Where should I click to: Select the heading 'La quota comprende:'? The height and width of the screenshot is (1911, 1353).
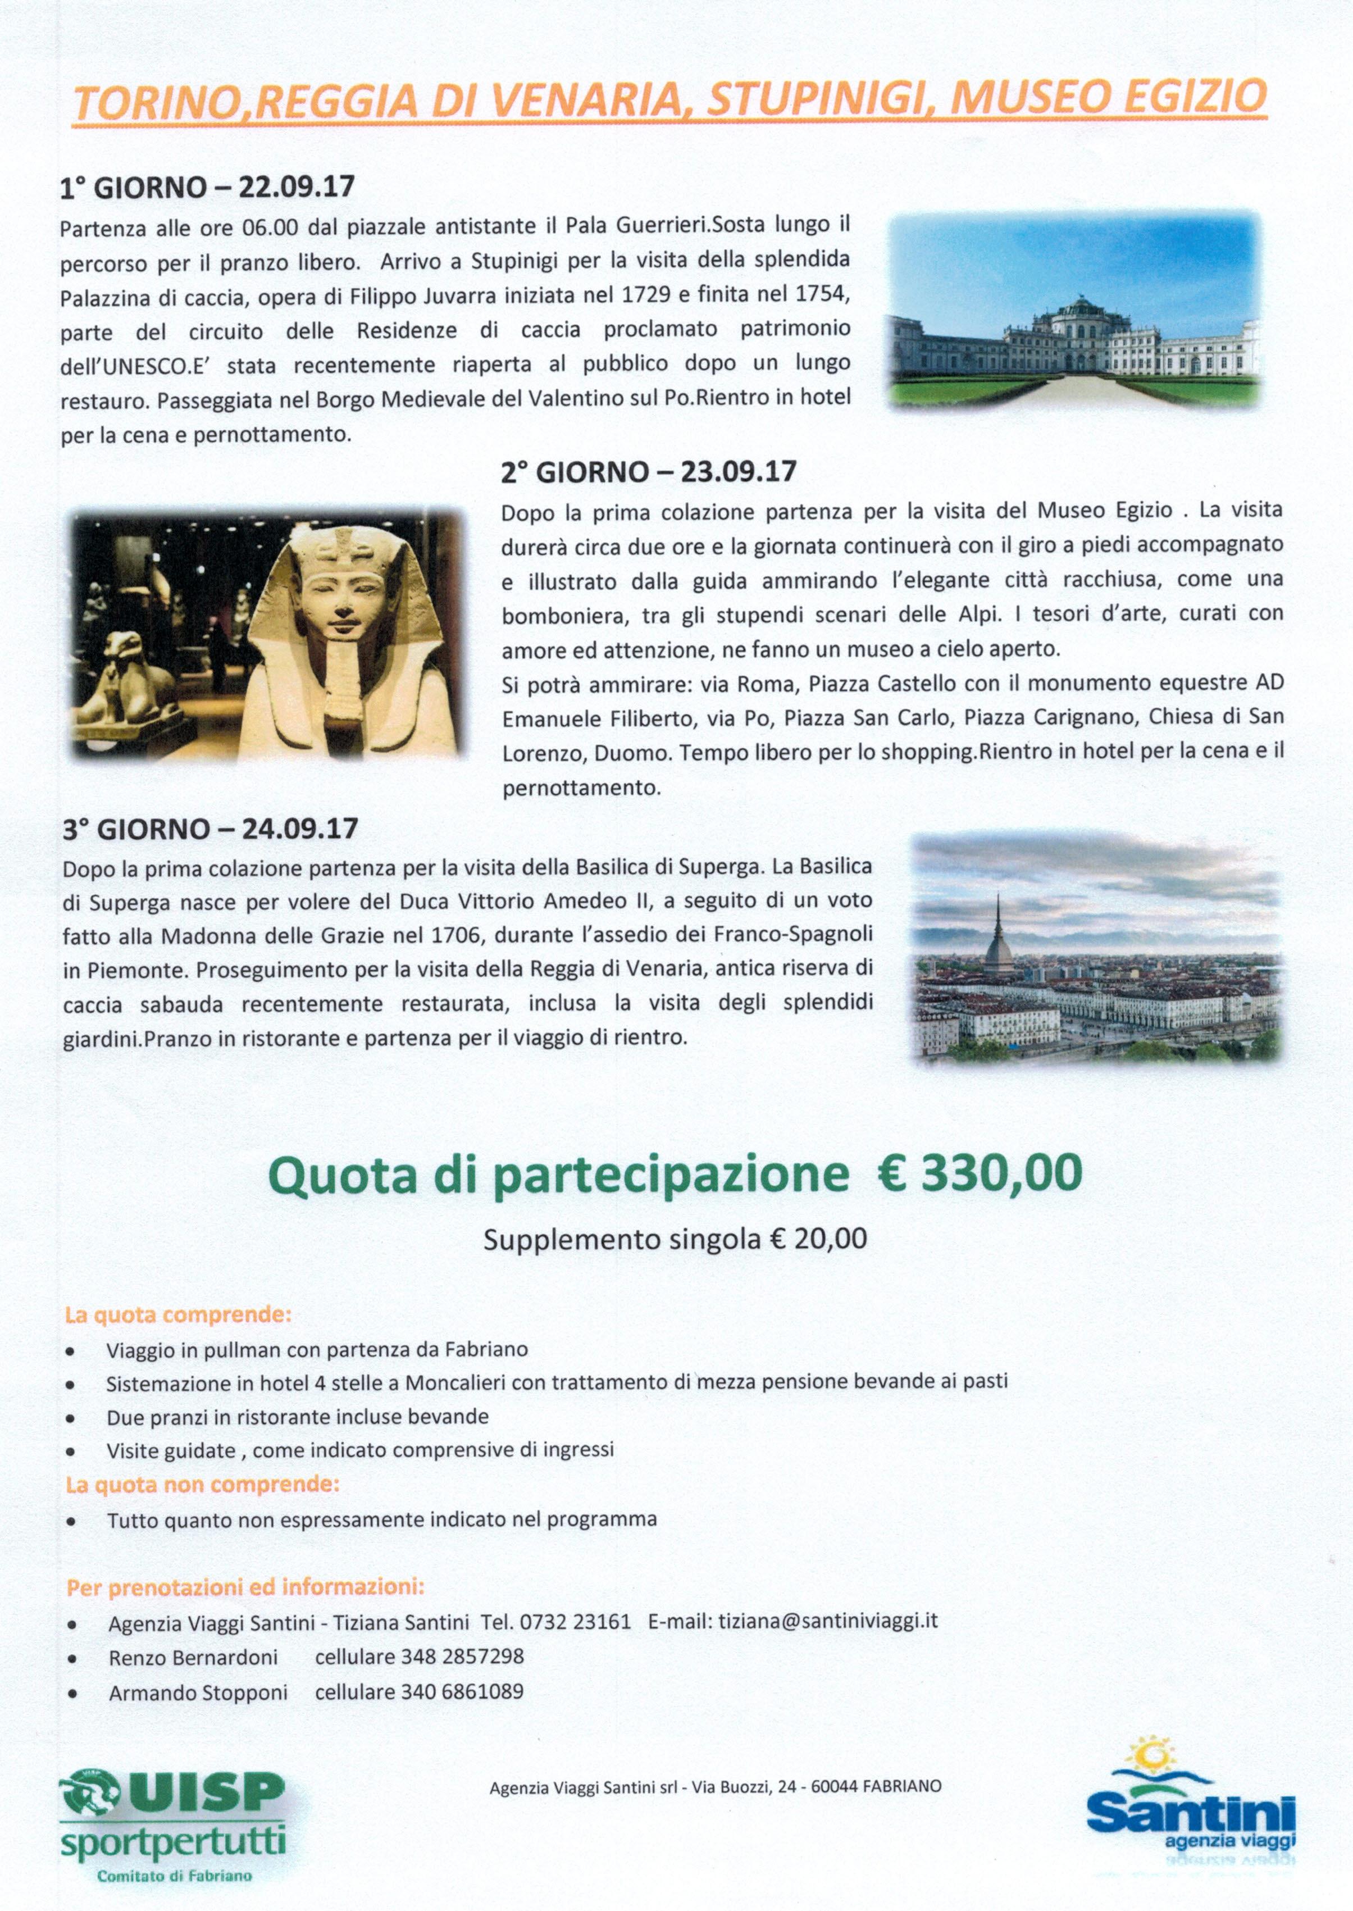coord(178,1316)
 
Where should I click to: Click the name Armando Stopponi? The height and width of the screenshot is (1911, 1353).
coord(198,1692)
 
